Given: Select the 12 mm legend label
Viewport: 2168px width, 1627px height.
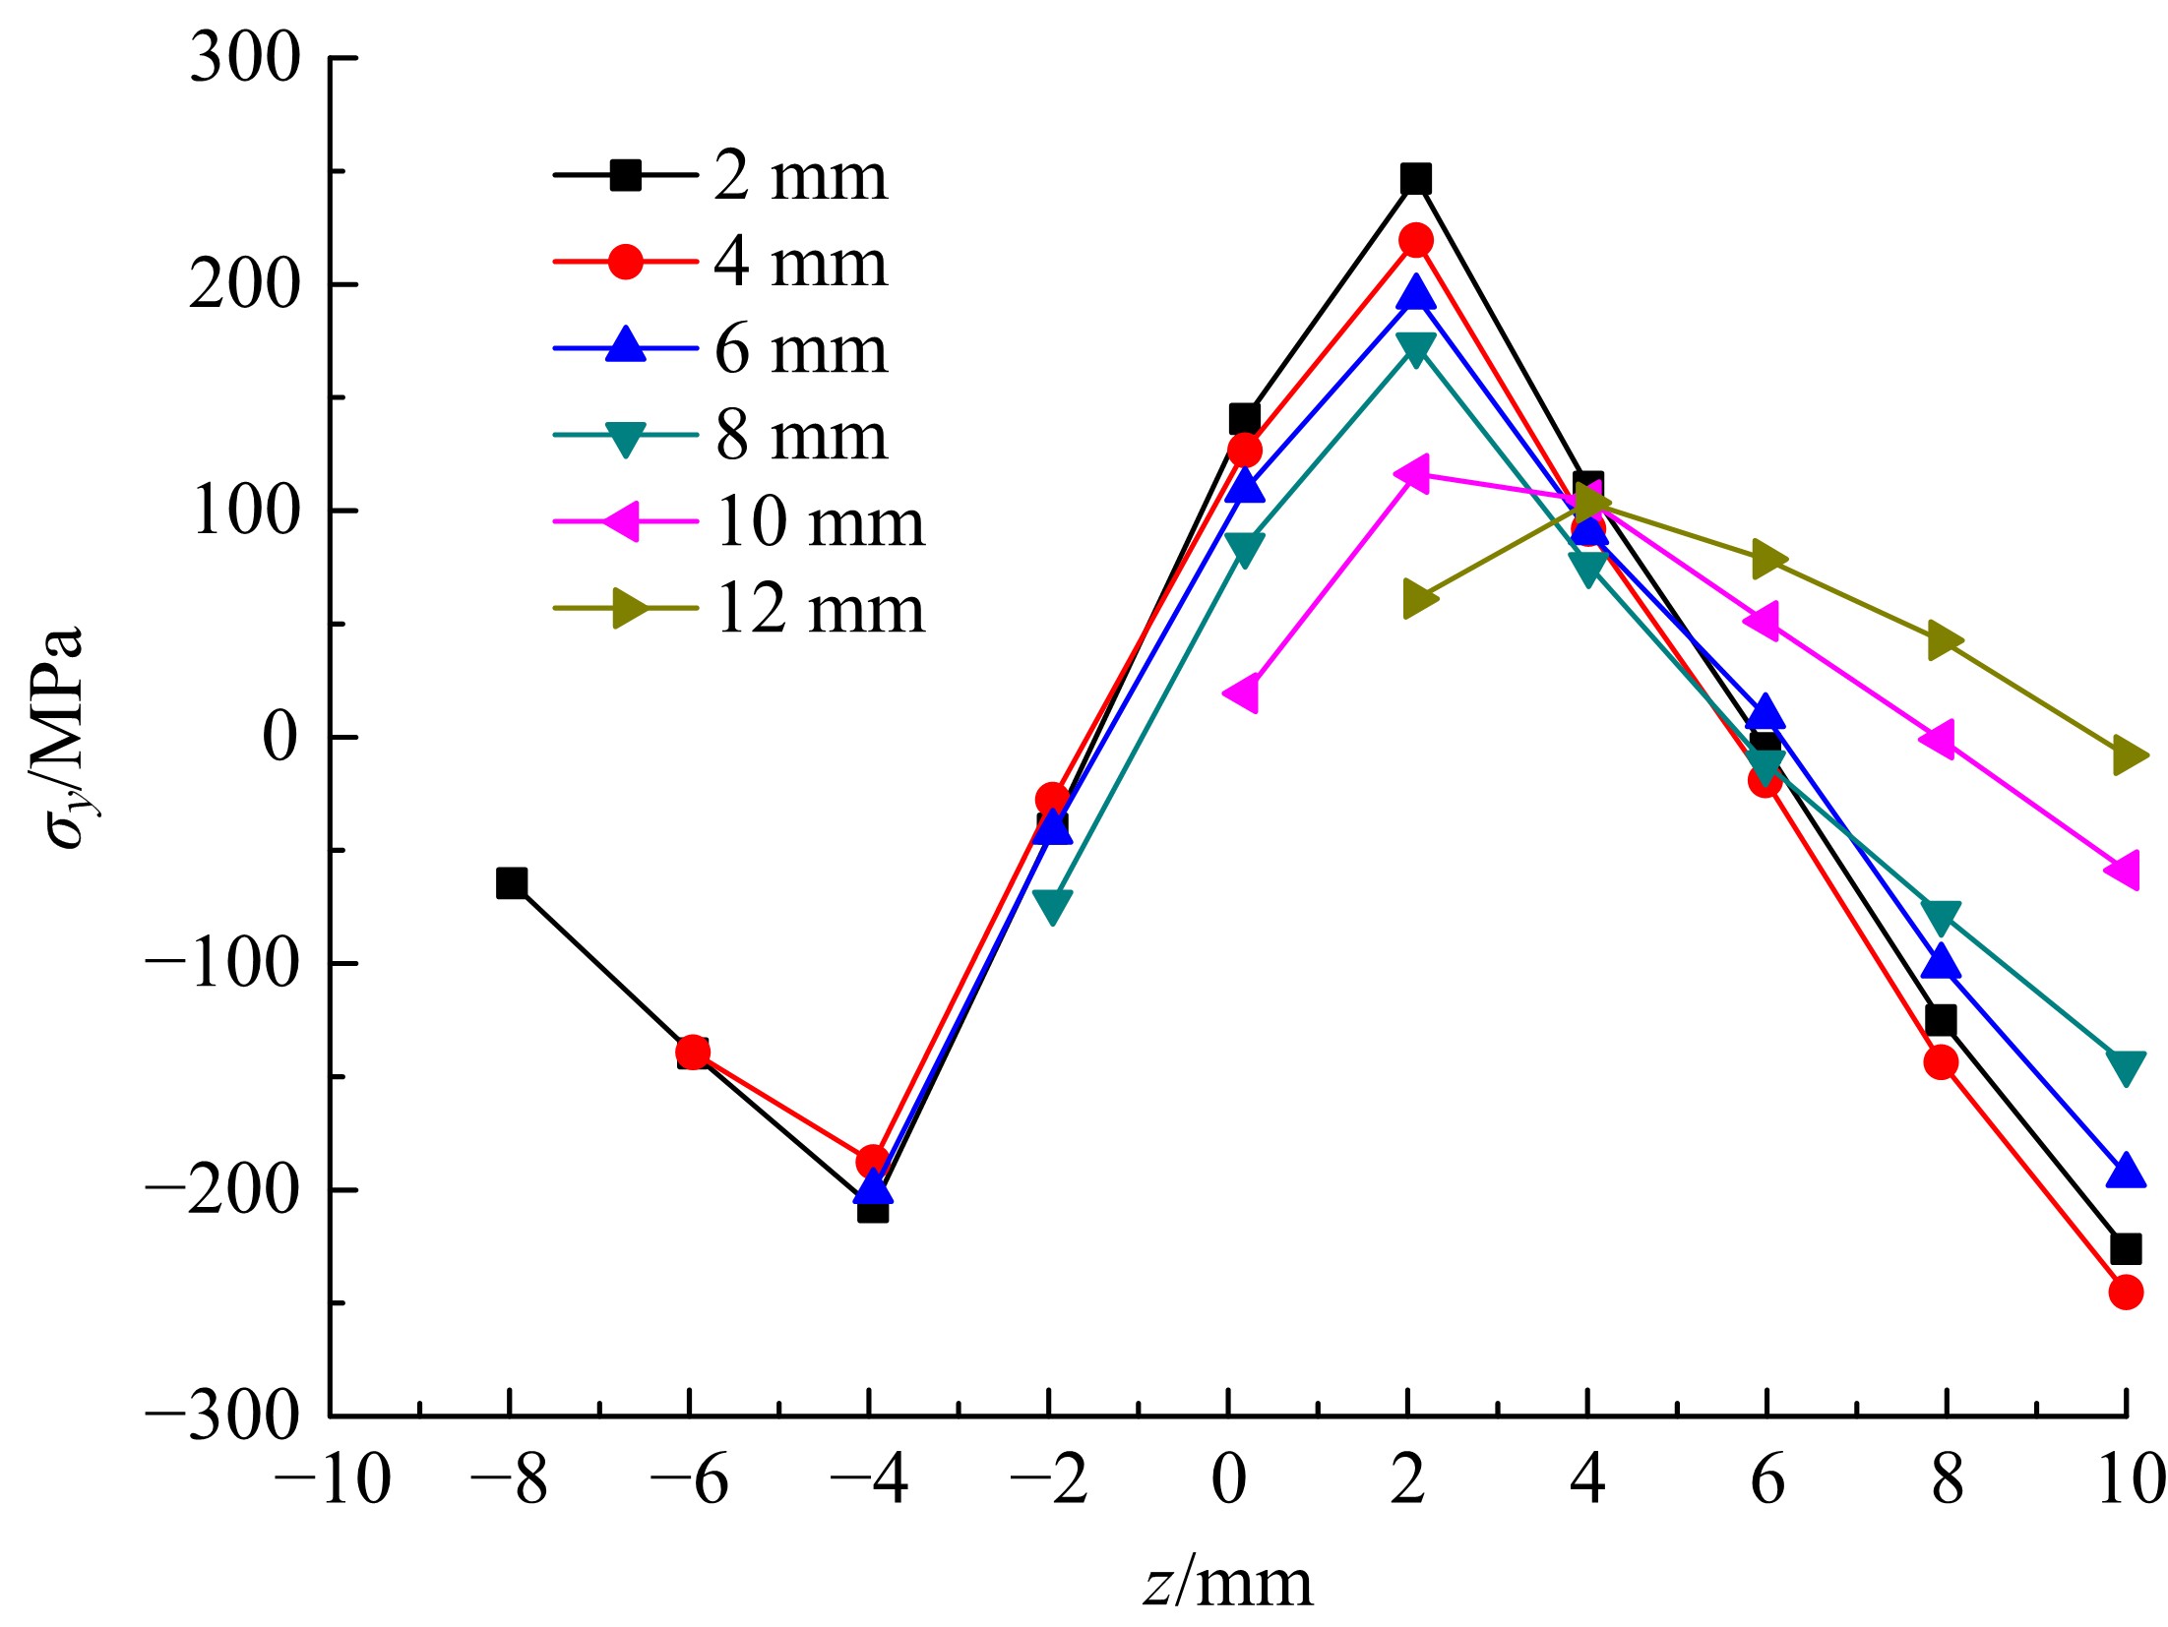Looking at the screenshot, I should coord(820,609).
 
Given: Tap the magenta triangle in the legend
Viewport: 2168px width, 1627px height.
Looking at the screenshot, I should coord(624,521).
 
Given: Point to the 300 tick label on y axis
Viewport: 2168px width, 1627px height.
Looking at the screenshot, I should coord(244,58).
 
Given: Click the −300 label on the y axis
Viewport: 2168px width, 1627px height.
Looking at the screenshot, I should coord(222,1416).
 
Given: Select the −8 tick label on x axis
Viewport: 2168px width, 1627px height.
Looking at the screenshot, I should coord(509,1479).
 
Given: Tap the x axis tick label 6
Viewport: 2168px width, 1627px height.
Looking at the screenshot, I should coord(1767,1479).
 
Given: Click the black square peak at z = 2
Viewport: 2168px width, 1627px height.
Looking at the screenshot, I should coord(1415,178).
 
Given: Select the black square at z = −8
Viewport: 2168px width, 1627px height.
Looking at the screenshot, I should coord(512,882).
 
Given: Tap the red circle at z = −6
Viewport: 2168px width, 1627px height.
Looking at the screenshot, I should coord(692,1053).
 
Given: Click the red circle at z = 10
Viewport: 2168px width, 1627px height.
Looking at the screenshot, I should coord(2126,1292).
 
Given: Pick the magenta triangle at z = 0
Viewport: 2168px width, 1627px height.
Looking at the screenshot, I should coord(1242,693).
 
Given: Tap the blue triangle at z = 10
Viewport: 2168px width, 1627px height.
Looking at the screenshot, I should coord(2126,1171).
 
